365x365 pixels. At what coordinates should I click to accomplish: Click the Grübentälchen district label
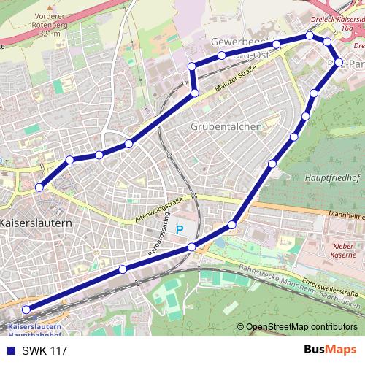226,126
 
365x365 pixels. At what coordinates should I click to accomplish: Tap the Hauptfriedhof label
333,177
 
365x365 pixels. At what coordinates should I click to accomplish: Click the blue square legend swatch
10,351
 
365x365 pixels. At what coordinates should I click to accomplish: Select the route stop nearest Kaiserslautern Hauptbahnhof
26,310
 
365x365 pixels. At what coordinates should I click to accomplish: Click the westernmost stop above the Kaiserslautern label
39,188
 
